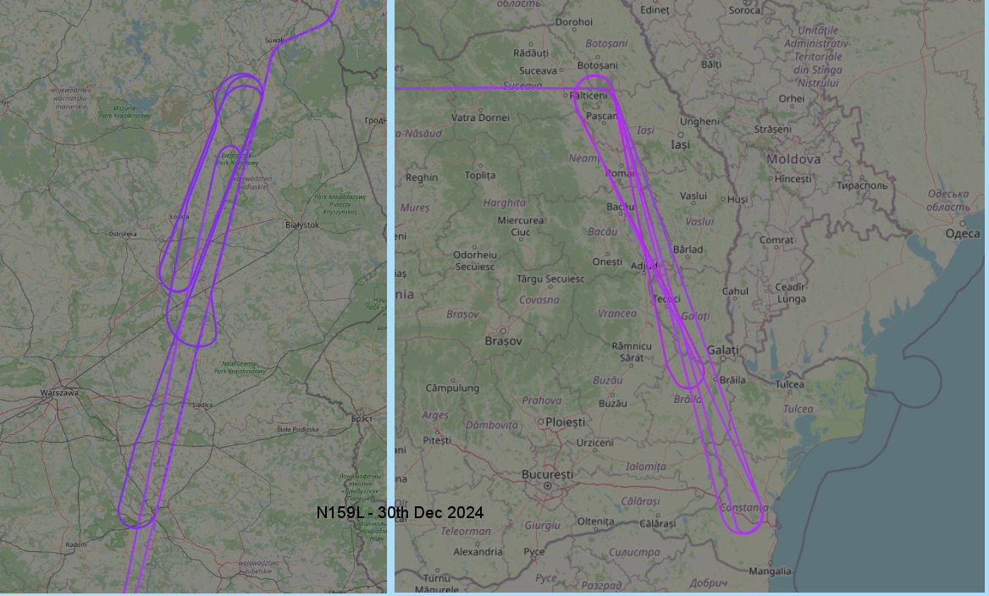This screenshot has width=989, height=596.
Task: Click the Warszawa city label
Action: tap(59, 393)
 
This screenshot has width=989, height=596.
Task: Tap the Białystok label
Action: tap(302, 224)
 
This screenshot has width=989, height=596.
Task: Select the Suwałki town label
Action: tap(275, 40)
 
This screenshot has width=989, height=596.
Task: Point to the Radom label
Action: tap(75, 544)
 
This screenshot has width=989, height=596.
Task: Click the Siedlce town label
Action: tap(202, 405)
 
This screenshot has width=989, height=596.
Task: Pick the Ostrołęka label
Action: tap(122, 234)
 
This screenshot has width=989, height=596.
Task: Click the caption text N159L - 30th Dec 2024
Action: tap(400, 513)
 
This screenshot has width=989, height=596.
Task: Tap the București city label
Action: tap(548, 474)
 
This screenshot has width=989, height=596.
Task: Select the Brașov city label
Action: tap(503, 341)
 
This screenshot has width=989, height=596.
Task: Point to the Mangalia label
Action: tap(771, 571)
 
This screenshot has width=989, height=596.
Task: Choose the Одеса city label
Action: tap(962, 234)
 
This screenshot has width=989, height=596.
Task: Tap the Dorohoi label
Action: tap(573, 23)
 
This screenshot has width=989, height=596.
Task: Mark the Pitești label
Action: tap(437, 441)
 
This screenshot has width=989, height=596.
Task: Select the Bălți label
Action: tap(711, 64)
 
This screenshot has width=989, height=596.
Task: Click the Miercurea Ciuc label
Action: tap(521, 226)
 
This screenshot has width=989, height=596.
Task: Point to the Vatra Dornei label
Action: tap(481, 118)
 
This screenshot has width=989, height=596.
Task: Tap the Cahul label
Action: tap(735, 291)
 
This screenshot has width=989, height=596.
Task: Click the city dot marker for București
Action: tap(548, 486)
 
